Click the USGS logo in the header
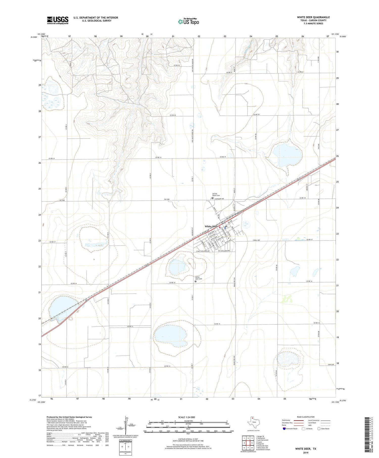click(58, 20)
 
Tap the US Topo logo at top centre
click(188, 21)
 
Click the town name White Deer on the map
click(211, 226)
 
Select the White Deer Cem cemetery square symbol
click(195, 281)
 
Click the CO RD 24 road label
click(177, 65)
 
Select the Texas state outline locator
click(253, 422)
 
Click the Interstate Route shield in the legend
click(284, 429)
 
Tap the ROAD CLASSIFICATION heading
click(305, 417)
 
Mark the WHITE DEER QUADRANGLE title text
click(313, 17)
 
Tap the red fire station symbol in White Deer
click(220, 227)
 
